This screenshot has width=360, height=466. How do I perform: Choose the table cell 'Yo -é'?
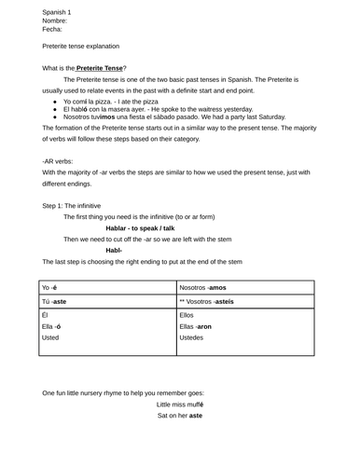pyautogui.click(x=50, y=288)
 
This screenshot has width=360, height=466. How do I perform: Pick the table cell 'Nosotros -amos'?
pyautogui.click(x=202, y=288)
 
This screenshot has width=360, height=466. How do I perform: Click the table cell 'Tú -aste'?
pyautogui.click(x=54, y=302)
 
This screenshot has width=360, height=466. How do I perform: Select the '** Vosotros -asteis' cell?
pyautogui.click(x=206, y=302)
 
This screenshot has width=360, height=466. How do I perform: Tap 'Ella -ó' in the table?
pyautogui.click(x=52, y=327)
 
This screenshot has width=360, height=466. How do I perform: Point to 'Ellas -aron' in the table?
pyautogui.click(x=196, y=327)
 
